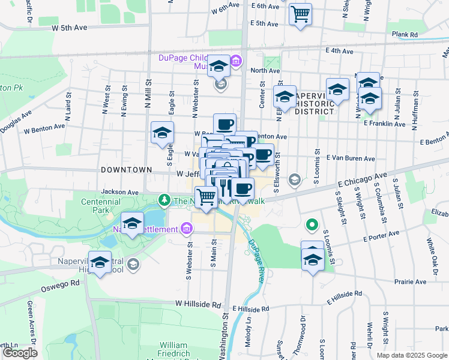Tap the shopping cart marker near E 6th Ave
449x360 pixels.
(300, 14)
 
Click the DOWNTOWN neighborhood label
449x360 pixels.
(126, 170)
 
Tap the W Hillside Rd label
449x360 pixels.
(198, 305)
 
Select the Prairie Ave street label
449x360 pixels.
(410, 281)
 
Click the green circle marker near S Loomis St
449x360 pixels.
(312, 226)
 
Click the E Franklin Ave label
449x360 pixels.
(384, 123)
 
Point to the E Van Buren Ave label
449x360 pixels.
(351, 158)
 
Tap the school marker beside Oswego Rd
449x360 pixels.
(100, 262)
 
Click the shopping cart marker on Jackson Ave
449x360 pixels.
(206, 197)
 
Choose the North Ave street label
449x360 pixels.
(265, 70)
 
